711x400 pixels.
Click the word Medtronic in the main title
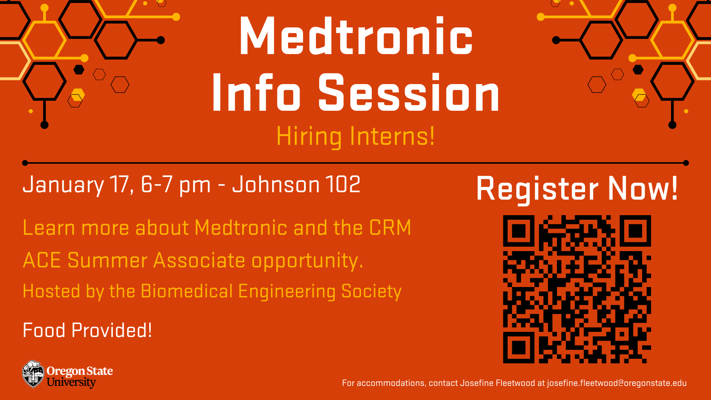click(x=356, y=36)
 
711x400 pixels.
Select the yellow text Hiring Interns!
click(x=355, y=136)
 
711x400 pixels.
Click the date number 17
click(x=119, y=184)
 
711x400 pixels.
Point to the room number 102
click(x=343, y=184)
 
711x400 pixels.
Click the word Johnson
click(x=276, y=184)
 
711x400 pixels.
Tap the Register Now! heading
click(x=577, y=189)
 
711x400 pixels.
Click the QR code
click(x=577, y=289)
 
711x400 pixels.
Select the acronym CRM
click(x=390, y=227)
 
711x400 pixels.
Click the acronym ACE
click(x=42, y=260)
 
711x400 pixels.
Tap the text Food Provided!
click(x=87, y=330)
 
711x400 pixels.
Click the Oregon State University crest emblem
click(x=33, y=374)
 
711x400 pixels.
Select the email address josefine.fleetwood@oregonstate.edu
click(x=617, y=383)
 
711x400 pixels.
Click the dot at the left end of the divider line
click(x=25, y=163)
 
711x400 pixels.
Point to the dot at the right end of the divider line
click(x=686, y=163)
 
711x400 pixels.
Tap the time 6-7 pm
click(x=176, y=185)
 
